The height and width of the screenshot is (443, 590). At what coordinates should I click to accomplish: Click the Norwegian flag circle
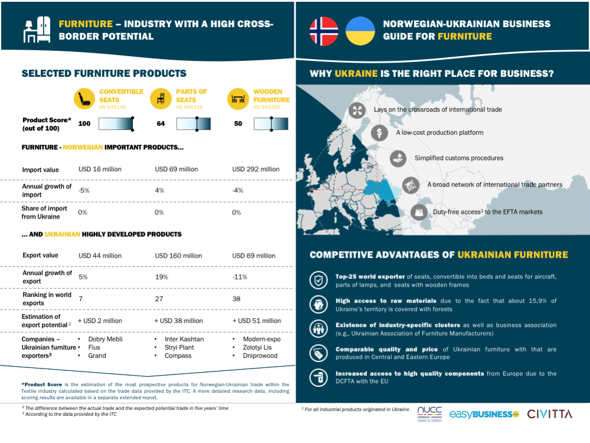pos(323,31)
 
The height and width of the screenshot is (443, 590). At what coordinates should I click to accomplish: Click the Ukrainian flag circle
pos(360,31)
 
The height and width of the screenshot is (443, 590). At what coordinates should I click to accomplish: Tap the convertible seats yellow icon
pos(84,99)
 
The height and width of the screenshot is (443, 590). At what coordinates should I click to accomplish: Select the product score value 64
pos(160,123)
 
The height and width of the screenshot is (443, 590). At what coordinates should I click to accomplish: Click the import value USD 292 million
pos(256,169)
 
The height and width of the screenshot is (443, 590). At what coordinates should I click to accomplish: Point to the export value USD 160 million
pos(178,256)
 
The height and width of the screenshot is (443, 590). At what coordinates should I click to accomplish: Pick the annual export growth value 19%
pos(162,277)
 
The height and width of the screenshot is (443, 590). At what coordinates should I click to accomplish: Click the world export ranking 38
pos(237,299)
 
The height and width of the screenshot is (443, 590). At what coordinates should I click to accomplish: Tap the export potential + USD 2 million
pos(100,321)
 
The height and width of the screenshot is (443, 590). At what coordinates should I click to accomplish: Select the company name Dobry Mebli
pos(106,339)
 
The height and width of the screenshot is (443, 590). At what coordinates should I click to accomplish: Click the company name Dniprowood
pos(260,356)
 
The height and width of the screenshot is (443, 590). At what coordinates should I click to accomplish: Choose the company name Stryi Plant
pos(179,347)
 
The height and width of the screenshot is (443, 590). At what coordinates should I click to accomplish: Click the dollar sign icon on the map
pos(379,132)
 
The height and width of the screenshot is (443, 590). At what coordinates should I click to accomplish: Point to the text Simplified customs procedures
pos(459,158)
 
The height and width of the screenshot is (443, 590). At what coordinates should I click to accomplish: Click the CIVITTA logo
pos(549,414)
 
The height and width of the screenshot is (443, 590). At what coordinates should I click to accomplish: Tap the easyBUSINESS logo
pos(484,415)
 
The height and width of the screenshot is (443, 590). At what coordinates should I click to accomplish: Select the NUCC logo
pos(430,413)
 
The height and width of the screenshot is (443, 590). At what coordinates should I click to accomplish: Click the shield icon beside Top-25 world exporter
pos(319,280)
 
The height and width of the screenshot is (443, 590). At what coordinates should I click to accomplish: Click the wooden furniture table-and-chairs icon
pos(238,99)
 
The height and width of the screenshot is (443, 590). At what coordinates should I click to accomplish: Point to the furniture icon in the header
pos(37,30)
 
